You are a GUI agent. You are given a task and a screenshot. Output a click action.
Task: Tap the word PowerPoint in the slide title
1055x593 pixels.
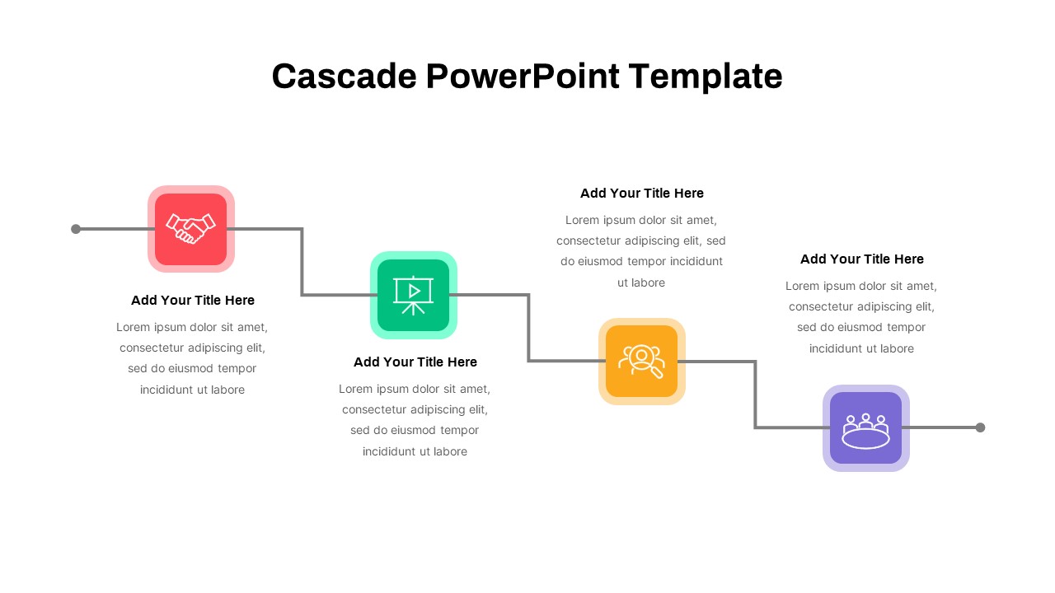pos(522,77)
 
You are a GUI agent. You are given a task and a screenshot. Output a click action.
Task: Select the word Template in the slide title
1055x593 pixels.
pos(705,77)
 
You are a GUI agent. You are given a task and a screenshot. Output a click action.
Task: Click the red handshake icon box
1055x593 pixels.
pos(191,229)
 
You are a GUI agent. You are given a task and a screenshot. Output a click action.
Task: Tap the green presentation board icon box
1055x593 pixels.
pos(414,295)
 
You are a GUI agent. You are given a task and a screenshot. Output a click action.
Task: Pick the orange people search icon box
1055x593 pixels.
pos(641,362)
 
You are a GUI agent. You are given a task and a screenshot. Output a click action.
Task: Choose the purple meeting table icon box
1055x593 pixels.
pos(865,428)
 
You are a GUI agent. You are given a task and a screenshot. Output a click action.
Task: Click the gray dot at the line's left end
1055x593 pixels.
pos(76,229)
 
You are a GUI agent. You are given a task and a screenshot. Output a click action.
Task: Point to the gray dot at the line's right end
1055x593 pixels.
pos(980,427)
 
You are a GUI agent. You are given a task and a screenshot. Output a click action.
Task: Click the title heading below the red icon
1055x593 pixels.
pos(193,301)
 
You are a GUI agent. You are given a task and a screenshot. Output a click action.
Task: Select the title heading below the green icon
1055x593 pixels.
pos(415,362)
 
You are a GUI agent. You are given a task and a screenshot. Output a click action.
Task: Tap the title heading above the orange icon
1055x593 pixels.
pos(642,194)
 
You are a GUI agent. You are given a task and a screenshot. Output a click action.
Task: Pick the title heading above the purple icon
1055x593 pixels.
pos(862,259)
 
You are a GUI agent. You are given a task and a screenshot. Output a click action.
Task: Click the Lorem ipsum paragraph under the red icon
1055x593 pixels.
pos(192,358)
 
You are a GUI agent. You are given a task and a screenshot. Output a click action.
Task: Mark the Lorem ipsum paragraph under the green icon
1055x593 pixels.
pos(415,420)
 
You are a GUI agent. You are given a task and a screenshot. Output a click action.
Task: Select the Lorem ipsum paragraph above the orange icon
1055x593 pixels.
pos(641,251)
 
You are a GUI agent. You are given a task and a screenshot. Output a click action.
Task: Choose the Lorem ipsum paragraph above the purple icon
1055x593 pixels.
pos(861,317)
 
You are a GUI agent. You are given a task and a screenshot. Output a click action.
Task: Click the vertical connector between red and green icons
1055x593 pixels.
pos(302,262)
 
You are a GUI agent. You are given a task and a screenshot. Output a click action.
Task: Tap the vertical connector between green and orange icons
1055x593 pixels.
pos(528,328)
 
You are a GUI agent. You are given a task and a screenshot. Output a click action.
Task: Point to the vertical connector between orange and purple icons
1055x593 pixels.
pos(755,395)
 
